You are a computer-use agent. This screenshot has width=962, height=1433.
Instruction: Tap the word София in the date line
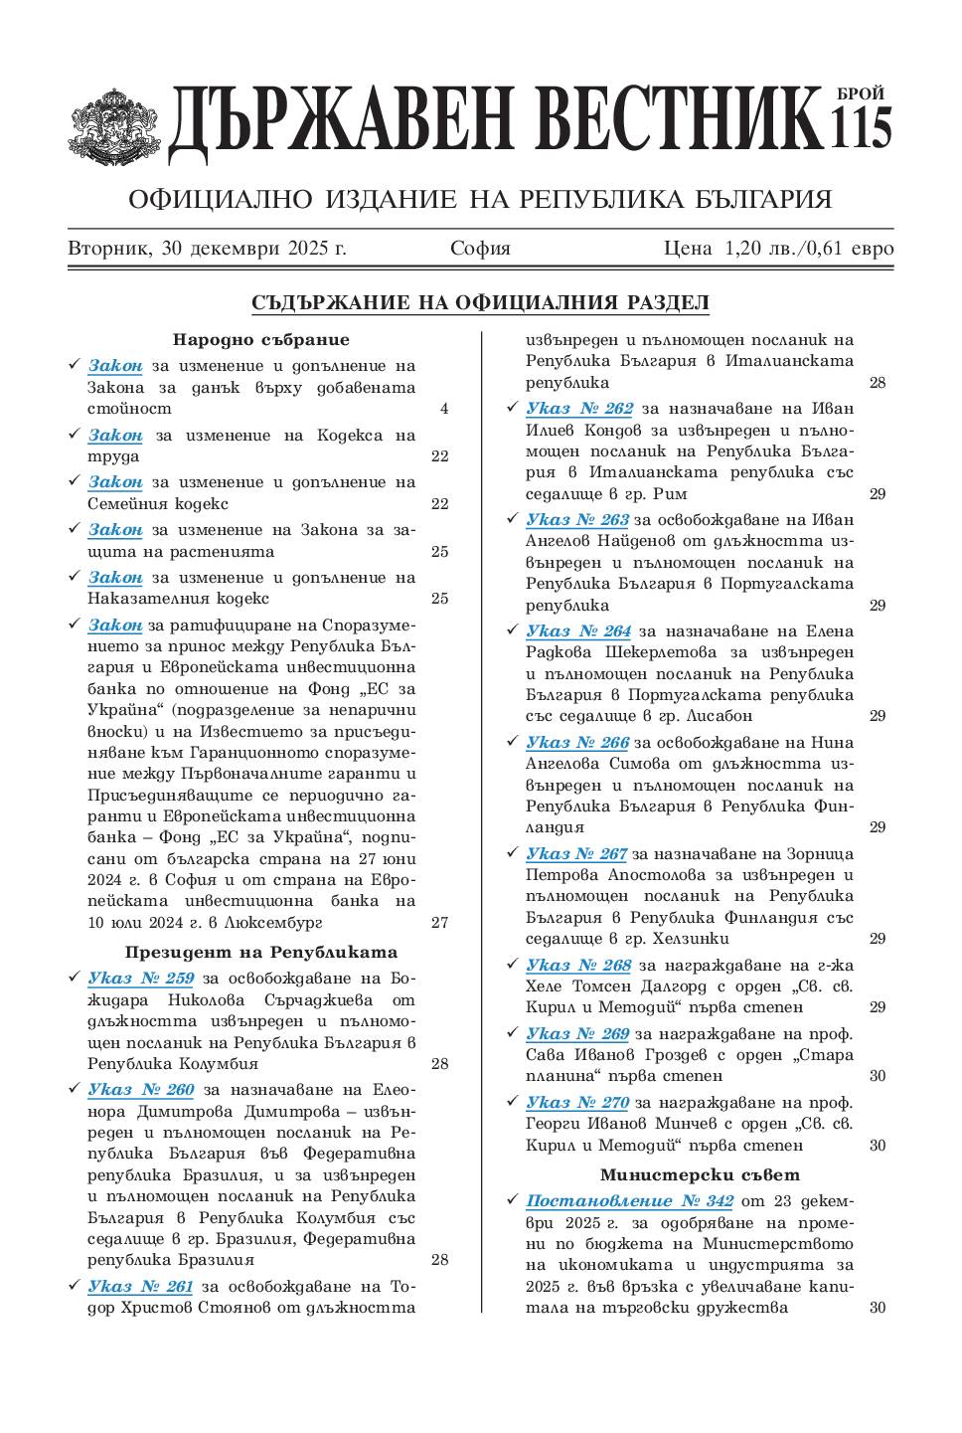pos(480,249)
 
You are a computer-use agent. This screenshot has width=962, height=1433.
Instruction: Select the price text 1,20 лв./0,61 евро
pos(809,249)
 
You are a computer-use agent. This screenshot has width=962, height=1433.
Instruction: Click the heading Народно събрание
pos(261,340)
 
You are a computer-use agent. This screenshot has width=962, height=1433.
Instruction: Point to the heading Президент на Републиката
pos(261,952)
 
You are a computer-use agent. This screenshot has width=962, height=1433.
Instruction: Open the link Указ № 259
pos(141,978)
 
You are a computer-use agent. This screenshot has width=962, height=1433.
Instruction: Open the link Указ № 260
pos(141,1089)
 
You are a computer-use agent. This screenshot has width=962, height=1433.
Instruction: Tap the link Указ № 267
pos(576,853)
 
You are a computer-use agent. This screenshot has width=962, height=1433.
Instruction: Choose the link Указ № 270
pos(577,1102)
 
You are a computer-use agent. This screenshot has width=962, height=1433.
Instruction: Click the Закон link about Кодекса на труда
pos(115,435)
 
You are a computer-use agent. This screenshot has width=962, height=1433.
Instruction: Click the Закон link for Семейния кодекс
pos(115,482)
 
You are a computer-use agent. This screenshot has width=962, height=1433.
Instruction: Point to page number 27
pos(439,923)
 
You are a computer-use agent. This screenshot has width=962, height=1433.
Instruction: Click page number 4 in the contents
pos(444,409)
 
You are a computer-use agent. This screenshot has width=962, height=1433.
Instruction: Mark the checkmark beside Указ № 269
pos(512,1033)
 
